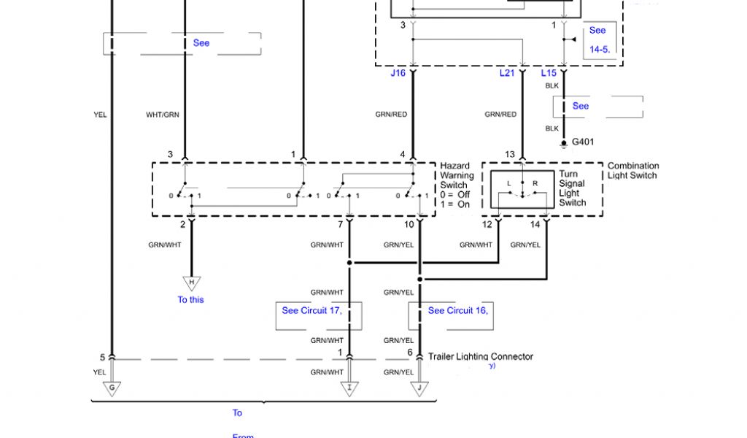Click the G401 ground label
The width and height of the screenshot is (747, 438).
pyautogui.click(x=582, y=142)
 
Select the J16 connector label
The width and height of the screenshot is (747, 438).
pyautogui.click(x=398, y=73)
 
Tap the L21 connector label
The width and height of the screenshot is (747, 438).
pyautogui.click(x=507, y=73)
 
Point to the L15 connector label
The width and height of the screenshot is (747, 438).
pyautogui.click(x=549, y=73)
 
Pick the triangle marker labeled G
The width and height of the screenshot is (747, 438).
pyautogui.click(x=112, y=389)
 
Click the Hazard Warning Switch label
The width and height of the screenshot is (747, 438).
pyautogui.click(x=456, y=185)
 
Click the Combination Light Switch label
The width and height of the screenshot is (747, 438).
pyautogui.click(x=632, y=171)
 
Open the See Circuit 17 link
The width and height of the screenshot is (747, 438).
pyautogui.click(x=311, y=311)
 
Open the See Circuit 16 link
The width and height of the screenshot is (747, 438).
pyautogui.click(x=457, y=311)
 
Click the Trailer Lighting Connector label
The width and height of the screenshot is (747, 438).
pyautogui.click(x=480, y=357)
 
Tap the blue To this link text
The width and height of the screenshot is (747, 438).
pyautogui.click(x=191, y=300)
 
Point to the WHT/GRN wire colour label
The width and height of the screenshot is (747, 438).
pyautogui.click(x=163, y=115)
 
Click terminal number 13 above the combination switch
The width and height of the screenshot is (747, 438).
pyautogui.click(x=509, y=155)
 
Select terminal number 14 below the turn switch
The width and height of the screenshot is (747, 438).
pyautogui.click(x=535, y=225)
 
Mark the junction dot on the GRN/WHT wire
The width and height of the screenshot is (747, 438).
pyautogui.click(x=349, y=263)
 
